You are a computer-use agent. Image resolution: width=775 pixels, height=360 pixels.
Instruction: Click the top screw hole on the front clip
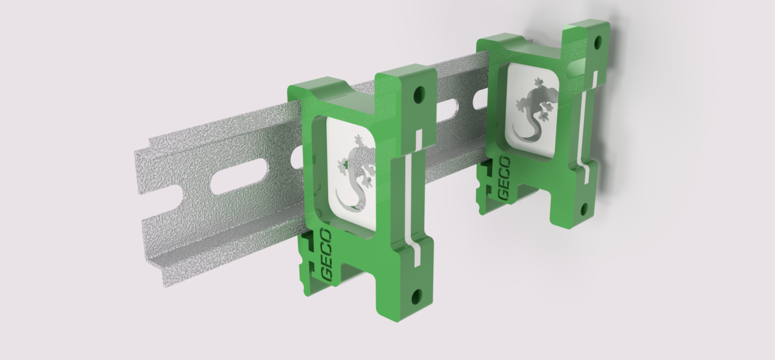[x=420, y=94]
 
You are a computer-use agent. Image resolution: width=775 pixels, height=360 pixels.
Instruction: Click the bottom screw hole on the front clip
[x=416, y=295]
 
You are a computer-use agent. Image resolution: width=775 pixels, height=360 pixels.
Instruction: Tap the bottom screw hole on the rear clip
[x=584, y=209]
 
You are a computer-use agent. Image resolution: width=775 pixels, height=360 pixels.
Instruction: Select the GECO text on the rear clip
[x=504, y=179]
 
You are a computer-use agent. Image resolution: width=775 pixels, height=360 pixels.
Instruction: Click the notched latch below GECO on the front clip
[x=308, y=261]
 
